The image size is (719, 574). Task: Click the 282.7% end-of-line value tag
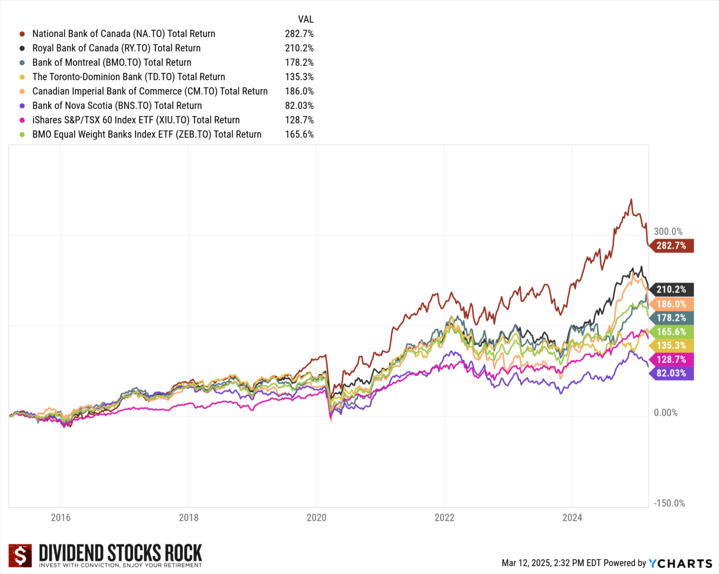671,246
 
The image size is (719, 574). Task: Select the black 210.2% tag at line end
671,290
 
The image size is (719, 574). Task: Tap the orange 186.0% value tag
671,304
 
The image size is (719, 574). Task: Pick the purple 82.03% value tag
671,373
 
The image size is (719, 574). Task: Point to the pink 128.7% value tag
671,360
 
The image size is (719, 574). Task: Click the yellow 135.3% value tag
671,346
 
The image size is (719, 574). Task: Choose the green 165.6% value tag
671,332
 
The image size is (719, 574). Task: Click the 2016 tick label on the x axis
60,517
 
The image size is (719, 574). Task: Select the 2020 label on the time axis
316,517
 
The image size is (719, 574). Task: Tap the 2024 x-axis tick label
572,517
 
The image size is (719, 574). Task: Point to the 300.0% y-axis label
668,231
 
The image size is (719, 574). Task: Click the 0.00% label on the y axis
665,412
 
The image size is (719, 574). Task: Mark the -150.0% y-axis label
669,503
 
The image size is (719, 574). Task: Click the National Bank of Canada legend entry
124,34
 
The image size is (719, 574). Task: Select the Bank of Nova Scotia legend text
117,106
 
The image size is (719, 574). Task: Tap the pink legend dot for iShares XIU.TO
22,120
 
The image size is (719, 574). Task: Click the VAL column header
306,19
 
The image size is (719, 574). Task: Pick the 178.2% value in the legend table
299,63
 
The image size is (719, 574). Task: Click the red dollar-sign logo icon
20,555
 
